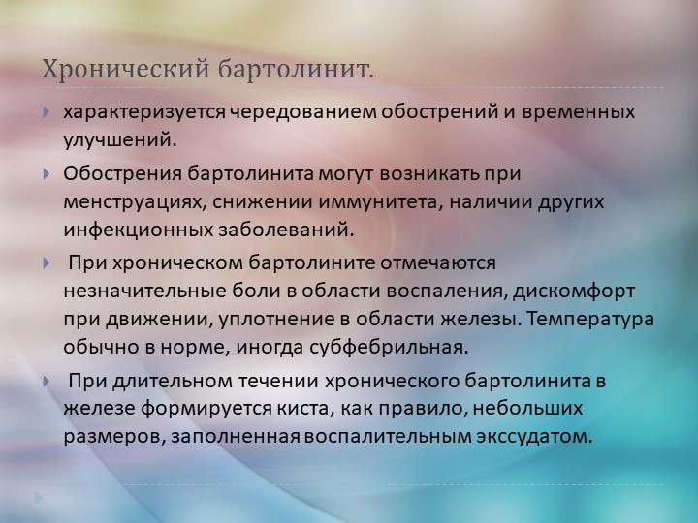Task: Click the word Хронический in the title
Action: pyautogui.click(x=125, y=69)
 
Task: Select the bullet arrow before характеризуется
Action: pyautogui.click(x=46, y=111)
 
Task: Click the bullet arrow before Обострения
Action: pyautogui.click(x=46, y=173)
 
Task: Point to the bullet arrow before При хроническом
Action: pyautogui.click(x=46, y=262)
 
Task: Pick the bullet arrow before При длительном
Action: pyautogui.click(x=46, y=382)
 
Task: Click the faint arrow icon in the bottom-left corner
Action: pyautogui.click(x=39, y=497)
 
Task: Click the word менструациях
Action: pyautogui.click(x=135, y=202)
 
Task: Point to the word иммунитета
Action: pyautogui.click(x=380, y=202)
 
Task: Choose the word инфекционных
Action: pyautogui.click(x=138, y=231)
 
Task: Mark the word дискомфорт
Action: pyautogui.click(x=574, y=292)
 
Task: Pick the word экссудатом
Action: pyautogui.click(x=535, y=436)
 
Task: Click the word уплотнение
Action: pyautogui.click(x=272, y=320)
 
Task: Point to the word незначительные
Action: pyautogui.click(x=144, y=292)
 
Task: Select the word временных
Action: pyautogui.click(x=579, y=112)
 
